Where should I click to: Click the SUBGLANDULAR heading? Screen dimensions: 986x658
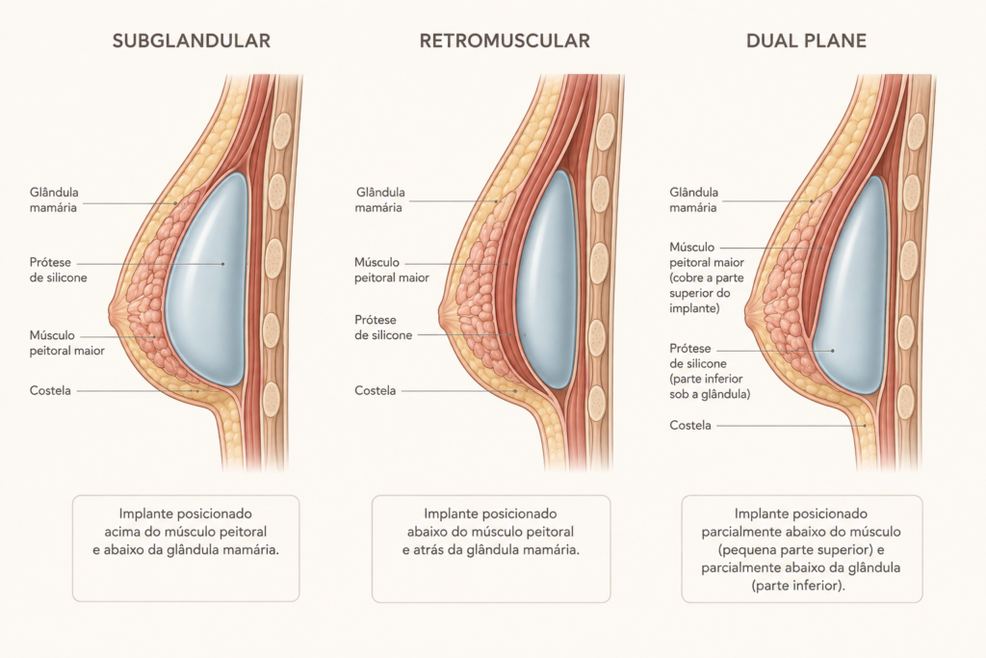pos(192,40)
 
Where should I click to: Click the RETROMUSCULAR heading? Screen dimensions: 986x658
pos(505,40)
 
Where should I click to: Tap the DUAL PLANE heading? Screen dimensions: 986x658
pos(806,40)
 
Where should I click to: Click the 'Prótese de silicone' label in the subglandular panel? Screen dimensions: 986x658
pos(59,270)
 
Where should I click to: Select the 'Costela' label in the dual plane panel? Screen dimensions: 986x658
pos(690,425)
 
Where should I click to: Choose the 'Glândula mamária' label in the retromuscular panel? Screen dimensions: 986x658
pos(379,200)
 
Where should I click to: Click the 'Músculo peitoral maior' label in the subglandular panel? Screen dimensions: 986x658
pos(66,343)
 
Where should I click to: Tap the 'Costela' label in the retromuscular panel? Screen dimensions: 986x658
pos(376,390)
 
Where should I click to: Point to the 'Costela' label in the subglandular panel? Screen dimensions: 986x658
pos(50,390)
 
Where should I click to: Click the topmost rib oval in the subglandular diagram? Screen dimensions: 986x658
pos(281,131)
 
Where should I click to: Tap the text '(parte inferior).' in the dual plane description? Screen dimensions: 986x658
pos(798,586)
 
